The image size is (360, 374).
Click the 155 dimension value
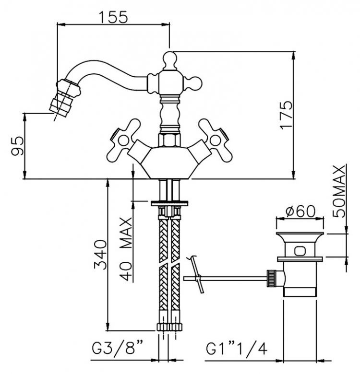113,17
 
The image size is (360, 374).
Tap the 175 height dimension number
287,115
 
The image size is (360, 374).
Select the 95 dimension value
18,146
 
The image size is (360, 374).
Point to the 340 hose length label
100,255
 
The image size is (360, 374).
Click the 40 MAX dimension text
126,249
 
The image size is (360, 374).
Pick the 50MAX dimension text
339,191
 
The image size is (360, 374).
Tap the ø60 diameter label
300,211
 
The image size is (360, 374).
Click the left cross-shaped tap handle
122,140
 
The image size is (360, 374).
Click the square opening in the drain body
300,251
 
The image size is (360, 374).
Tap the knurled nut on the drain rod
272,278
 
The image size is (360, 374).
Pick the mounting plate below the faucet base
169,203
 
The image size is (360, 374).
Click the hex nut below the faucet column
168,140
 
